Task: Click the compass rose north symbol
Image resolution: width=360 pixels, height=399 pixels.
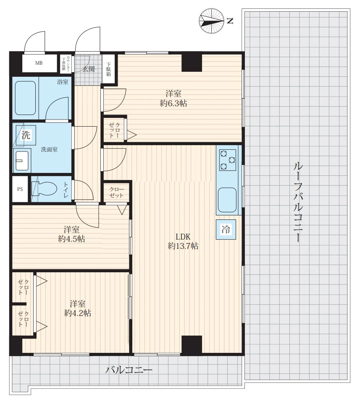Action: click(212, 21)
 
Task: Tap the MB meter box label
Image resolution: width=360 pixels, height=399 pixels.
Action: click(39, 63)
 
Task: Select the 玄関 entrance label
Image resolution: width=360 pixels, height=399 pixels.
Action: click(88, 69)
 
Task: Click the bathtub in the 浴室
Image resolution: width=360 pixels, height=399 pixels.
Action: click(25, 98)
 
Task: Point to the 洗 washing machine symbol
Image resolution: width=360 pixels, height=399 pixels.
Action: click(26, 135)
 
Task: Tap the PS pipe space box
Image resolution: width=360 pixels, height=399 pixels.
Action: click(20, 189)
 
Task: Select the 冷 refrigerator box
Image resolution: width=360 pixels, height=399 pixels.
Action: click(226, 229)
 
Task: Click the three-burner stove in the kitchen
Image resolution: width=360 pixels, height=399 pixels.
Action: click(228, 160)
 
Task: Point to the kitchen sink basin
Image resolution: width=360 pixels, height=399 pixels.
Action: click(227, 200)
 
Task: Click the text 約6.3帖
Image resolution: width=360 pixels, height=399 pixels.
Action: click(173, 103)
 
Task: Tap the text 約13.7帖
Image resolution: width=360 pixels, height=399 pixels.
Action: click(183, 246)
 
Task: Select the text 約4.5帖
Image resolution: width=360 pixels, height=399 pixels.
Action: click(71, 239)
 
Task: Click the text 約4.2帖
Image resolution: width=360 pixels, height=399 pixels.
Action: click(77, 313)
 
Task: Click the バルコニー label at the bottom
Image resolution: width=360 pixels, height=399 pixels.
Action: click(129, 370)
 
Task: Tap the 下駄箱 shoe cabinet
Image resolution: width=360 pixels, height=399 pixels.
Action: click(109, 69)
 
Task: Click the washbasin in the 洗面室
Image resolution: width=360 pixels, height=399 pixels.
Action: click(22, 161)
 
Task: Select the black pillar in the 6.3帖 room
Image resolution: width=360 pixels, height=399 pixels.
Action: click(192, 63)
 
